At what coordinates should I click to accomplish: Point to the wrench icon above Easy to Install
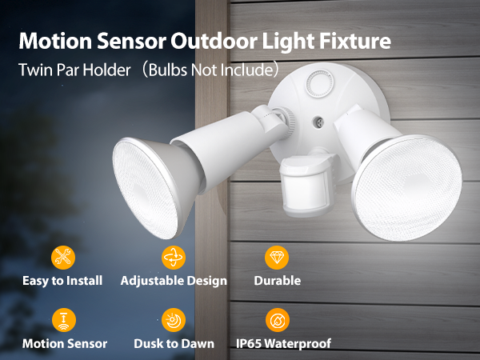(x=62, y=258)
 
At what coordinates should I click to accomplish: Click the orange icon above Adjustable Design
(x=174, y=258)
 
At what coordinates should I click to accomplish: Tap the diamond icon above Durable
(x=277, y=258)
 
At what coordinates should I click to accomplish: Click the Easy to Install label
(x=62, y=281)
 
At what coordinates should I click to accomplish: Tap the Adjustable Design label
(x=174, y=281)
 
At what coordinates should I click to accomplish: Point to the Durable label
(x=277, y=281)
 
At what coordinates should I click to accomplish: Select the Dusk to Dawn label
(x=174, y=343)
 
